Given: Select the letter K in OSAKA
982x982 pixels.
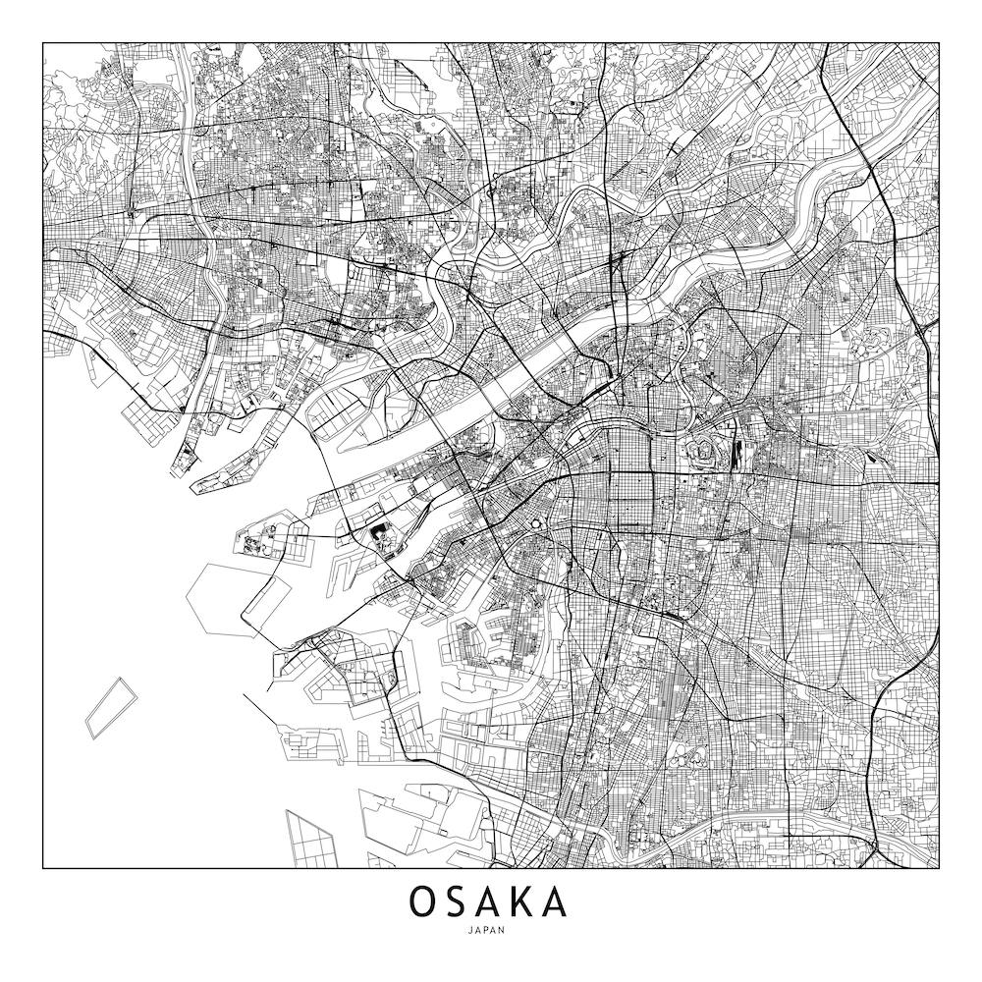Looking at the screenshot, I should pos(523,901).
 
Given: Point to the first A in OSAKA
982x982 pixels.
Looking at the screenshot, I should pos(490,901).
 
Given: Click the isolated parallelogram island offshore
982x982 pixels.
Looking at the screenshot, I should pos(109,707).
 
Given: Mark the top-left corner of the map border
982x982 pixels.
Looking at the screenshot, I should pos(43,43).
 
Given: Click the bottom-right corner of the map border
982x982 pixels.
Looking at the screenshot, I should pos(939,869).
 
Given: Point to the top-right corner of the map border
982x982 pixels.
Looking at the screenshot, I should pos(939,43).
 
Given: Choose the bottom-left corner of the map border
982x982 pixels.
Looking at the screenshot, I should pos(43,869).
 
